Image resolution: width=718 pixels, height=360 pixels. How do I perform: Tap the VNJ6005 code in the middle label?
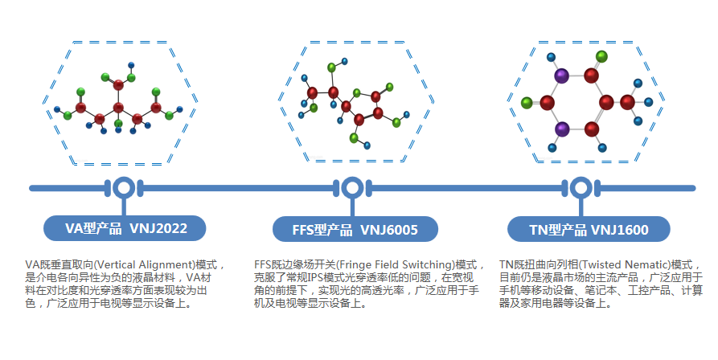pos(389,230)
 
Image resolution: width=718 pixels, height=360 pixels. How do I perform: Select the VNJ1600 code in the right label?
pos(620,230)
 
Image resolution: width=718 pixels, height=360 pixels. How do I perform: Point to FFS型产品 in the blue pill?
pos(323,230)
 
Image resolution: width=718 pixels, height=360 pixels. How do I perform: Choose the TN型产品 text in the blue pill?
pos(559,230)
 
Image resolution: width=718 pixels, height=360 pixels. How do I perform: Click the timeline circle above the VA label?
pos(123,188)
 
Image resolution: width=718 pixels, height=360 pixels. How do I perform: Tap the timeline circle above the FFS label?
pos(351,188)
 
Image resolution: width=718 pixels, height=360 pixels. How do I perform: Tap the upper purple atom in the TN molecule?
pos(562,76)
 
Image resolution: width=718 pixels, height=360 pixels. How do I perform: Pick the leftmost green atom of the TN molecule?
pos(527,103)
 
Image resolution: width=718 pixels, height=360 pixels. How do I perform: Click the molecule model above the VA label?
pos(118,100)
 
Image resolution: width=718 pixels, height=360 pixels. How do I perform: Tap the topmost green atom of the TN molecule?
pos(601,57)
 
